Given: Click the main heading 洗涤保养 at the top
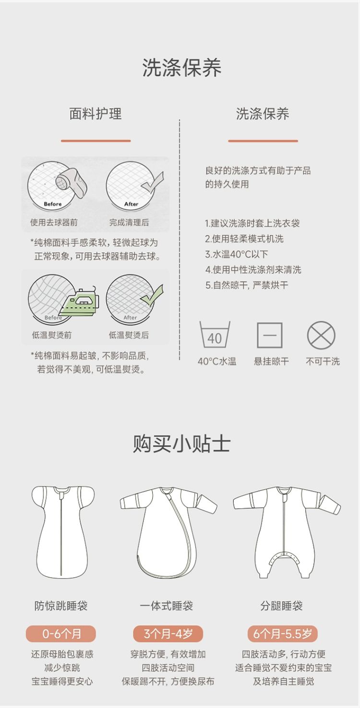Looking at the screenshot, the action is pos(181,67).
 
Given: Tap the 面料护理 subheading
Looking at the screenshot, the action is pos(96,113).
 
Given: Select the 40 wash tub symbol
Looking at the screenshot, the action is pos(215,335).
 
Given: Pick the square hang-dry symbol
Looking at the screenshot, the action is pos(270,335).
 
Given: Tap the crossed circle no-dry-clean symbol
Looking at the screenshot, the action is pos(321,335).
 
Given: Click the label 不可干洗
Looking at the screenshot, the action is pos(323,361).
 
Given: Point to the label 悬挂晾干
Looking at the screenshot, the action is pos(271,361).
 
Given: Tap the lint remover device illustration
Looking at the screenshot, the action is pos(71,183).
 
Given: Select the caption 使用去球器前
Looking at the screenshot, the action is pos(54,223).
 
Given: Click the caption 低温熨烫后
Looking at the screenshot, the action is pos(129,335).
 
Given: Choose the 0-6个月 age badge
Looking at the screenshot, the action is pos(60,634).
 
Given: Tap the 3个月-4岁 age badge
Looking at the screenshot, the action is pos(168,634).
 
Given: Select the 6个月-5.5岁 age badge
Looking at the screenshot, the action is pos(282,634).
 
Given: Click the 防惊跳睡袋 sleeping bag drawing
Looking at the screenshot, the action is pos(63,531).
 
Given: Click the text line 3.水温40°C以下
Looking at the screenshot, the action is pos(237,254).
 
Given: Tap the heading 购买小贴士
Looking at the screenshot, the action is pos(181,444).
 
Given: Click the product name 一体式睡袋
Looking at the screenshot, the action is pos(167,606).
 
